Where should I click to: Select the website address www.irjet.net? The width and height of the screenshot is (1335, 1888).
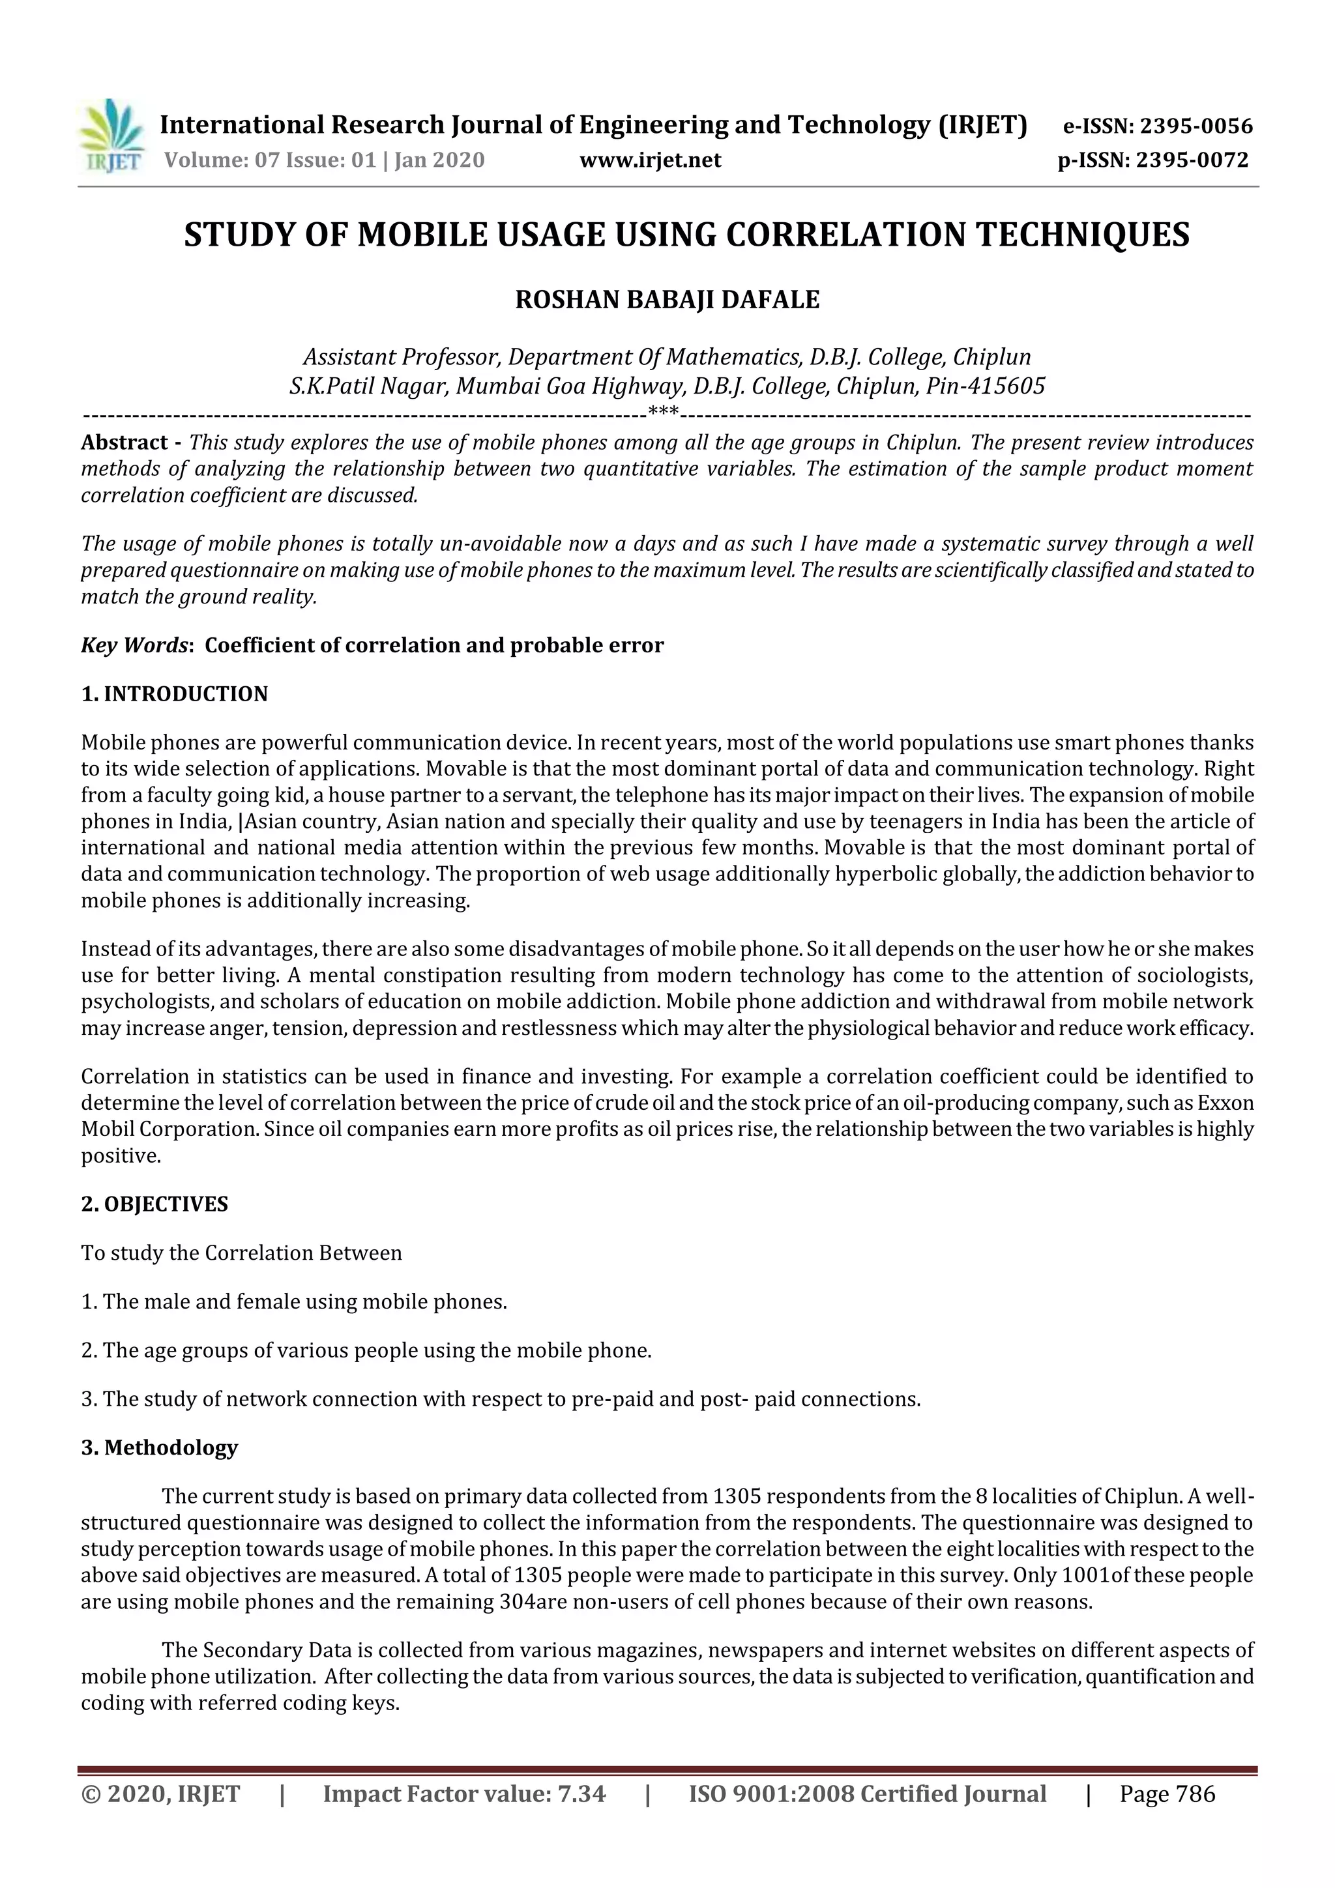coord(650,160)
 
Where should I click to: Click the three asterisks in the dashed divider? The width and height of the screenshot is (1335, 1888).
coord(663,411)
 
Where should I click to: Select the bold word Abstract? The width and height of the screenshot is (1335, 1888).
coord(125,443)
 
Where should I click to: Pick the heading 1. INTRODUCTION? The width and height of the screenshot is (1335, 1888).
coord(175,693)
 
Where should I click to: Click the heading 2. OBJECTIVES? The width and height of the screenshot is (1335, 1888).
coord(154,1204)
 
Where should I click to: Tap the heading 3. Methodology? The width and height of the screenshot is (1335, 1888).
coord(160,1447)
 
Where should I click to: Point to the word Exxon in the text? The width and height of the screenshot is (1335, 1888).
coord(1225,1102)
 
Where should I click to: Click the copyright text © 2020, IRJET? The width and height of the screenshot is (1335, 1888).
coord(160,1794)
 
